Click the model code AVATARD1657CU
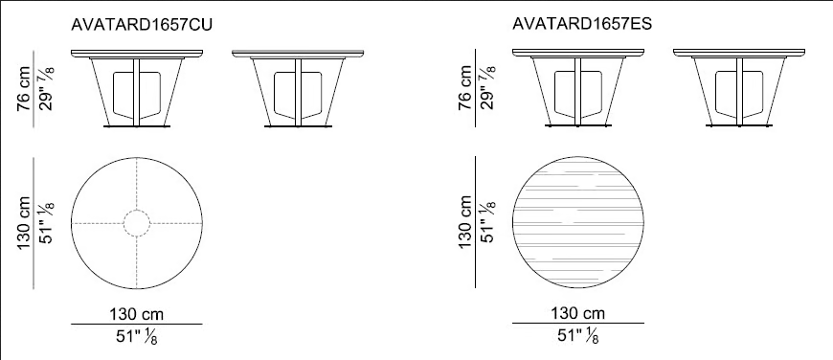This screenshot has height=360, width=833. coord(142,26)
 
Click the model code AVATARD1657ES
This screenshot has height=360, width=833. coord(582,25)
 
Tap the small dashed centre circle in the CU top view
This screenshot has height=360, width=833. coord(137,223)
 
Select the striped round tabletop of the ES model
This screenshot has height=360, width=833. coord(578,222)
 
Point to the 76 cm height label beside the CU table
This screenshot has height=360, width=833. coord(24,89)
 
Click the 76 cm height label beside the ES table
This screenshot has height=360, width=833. coord(464,88)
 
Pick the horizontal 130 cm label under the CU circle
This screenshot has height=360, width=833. coord(137,314)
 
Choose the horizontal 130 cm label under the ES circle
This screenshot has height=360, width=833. coord(578,313)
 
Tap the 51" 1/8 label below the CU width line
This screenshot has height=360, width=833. coord(137,337)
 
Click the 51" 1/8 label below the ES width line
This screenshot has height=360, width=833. coord(578,335)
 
